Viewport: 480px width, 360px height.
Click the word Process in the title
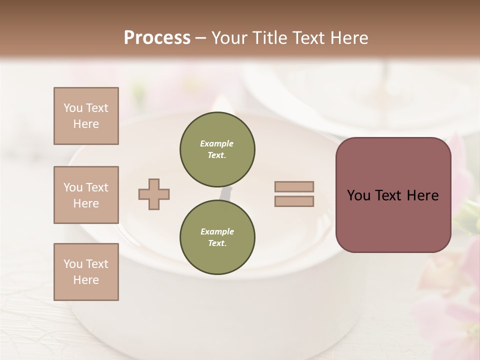[x=157, y=38]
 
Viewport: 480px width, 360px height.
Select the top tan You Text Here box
[x=86, y=116]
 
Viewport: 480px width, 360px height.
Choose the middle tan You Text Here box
[x=86, y=195]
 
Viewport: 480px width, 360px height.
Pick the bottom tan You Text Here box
[x=86, y=272]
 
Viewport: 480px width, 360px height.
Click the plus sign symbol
[x=154, y=194]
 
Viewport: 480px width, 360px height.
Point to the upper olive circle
[x=217, y=149]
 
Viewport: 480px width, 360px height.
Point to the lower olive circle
[x=217, y=237]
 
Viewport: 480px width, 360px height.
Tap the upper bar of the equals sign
[x=294, y=186]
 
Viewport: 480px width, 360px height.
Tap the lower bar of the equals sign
[x=294, y=201]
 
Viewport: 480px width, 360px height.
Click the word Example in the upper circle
[x=216, y=143]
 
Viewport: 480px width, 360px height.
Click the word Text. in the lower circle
[x=217, y=243]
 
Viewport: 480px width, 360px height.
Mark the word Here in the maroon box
[x=422, y=195]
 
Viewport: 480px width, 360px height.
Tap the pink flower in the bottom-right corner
[x=450, y=300]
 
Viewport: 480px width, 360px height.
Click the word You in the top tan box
[x=72, y=108]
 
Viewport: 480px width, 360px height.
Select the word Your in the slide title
[x=229, y=38]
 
